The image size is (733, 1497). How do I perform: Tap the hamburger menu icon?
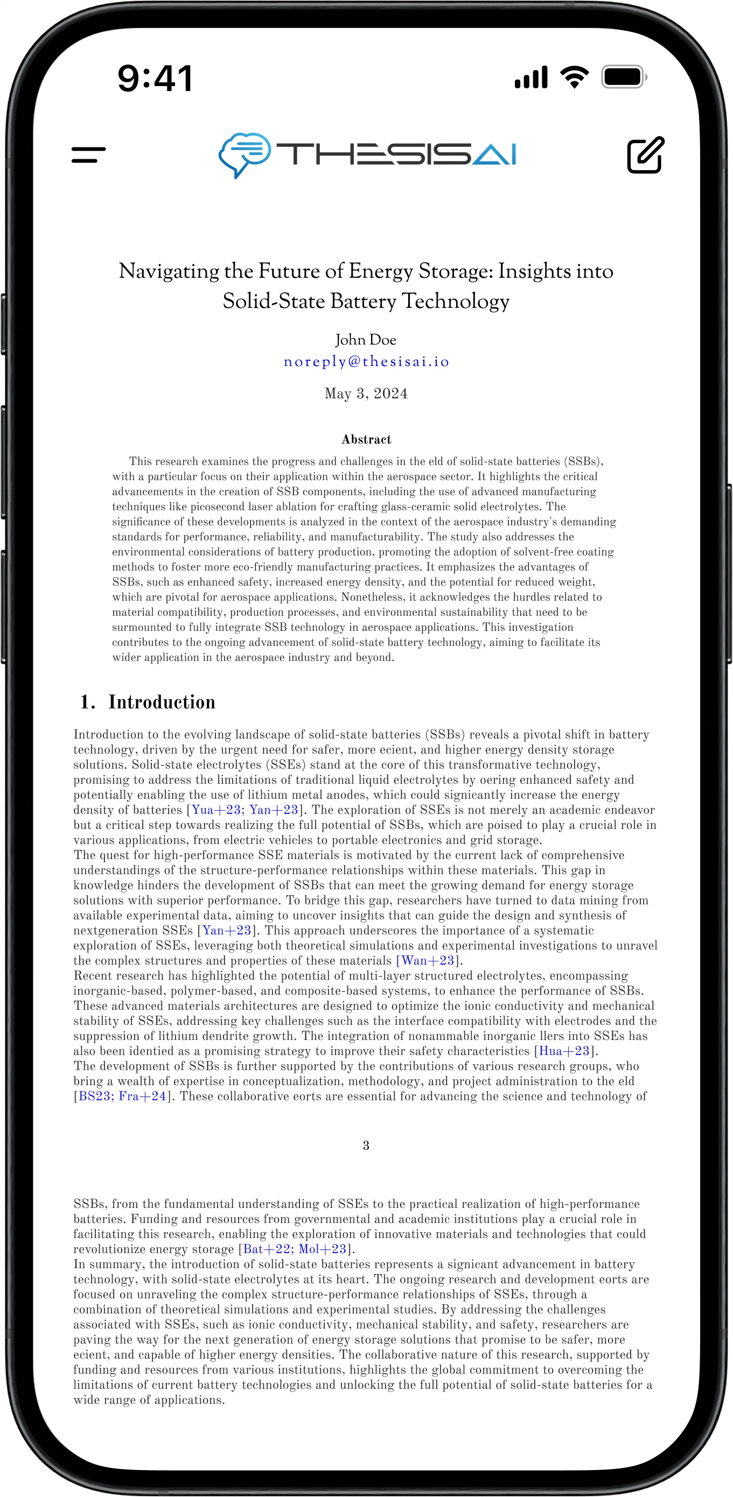point(88,154)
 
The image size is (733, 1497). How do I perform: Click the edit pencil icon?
point(645,154)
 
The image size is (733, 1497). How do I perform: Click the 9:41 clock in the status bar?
point(155,79)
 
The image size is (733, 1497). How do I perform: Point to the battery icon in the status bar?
point(624,77)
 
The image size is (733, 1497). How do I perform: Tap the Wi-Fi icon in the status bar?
point(574,77)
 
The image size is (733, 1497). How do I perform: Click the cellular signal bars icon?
point(531,78)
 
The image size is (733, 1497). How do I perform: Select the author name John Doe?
point(366,340)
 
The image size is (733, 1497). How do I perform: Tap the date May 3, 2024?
point(366,393)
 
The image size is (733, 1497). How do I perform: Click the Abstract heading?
point(366,439)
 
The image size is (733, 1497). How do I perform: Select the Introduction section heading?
point(162,702)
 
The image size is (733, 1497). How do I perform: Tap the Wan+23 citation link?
point(427,961)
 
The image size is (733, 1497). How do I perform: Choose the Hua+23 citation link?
point(564,1051)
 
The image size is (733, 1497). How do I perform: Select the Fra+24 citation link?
point(142,1097)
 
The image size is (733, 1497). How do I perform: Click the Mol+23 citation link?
point(322,1249)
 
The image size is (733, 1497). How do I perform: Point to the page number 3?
point(366,1145)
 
